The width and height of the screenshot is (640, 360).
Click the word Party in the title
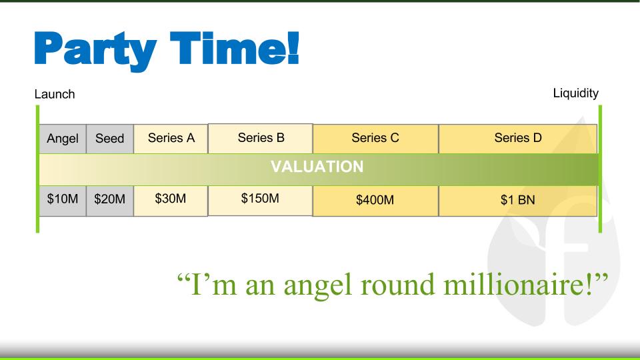tap(95, 51)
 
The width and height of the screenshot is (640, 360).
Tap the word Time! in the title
tap(235, 48)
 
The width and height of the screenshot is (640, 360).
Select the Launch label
tap(55, 94)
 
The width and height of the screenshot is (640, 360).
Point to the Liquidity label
tap(575, 93)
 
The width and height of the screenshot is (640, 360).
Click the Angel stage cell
tap(63, 139)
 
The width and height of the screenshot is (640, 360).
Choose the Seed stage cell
tap(110, 139)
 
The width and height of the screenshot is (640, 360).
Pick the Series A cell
tap(171, 139)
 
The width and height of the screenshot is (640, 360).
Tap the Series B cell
tap(261, 139)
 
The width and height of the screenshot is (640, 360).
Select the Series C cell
tap(375, 139)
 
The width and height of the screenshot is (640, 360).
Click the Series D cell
tap(518, 139)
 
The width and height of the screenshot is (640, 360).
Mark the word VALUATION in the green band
tap(317, 167)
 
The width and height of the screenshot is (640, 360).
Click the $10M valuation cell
tap(63, 201)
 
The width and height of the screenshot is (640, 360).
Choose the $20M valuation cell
tap(110, 201)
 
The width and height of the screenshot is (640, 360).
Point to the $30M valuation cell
tap(171, 201)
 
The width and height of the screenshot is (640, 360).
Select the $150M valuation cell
tap(261, 201)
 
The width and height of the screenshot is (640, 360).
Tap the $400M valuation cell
tap(375, 201)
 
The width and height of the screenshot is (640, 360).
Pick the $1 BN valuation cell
tap(518, 201)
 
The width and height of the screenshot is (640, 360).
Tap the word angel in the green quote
tap(317, 286)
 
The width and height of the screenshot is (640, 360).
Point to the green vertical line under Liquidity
tap(600, 169)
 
